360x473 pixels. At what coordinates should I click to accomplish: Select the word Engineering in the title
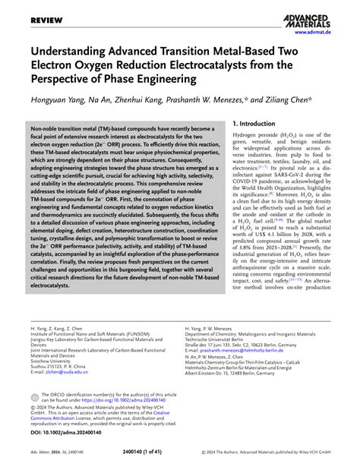165,78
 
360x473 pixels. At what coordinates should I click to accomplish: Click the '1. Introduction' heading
262,123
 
